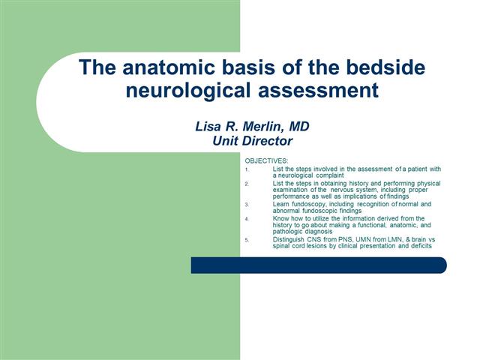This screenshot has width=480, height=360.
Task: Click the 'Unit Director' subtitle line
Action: point(251,139)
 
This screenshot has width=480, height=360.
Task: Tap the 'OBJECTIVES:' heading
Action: point(265,160)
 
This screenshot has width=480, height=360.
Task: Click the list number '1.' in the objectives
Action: point(247,169)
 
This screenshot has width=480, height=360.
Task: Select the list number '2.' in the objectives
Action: point(247,184)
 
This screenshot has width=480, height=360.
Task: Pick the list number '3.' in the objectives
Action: point(247,205)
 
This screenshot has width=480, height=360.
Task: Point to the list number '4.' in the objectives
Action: point(247,219)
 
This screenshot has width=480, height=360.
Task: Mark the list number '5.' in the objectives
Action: point(247,240)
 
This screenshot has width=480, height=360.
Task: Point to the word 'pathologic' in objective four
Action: point(289,231)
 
